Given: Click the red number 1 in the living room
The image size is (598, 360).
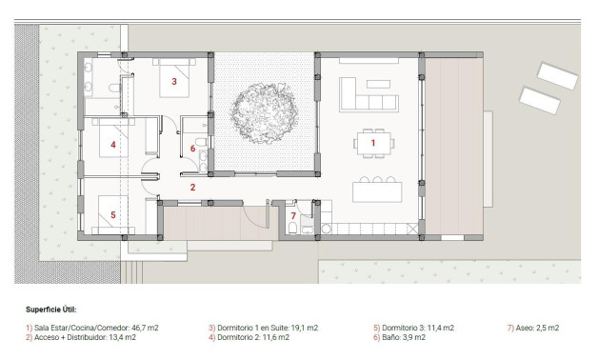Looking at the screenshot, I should click(373, 142).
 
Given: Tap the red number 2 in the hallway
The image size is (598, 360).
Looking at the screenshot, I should click(192, 188).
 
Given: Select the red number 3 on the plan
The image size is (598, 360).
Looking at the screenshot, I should click(173, 82).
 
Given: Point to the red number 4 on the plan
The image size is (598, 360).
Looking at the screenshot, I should click(112, 146).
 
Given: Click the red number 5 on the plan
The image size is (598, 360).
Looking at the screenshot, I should click(112, 214).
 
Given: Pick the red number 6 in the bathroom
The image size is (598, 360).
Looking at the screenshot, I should click(192, 149).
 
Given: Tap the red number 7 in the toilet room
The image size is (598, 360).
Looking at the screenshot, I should click(292, 216).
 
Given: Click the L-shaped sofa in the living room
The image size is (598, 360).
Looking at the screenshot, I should click(362, 95).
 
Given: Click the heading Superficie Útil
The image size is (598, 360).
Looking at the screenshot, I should click(50, 310).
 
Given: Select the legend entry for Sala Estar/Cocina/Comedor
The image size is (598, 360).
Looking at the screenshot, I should click(91, 328).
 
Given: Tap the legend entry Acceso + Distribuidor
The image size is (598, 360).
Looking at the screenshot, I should click(80, 337).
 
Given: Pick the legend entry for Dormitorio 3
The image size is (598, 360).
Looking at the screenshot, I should click(413, 328).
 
